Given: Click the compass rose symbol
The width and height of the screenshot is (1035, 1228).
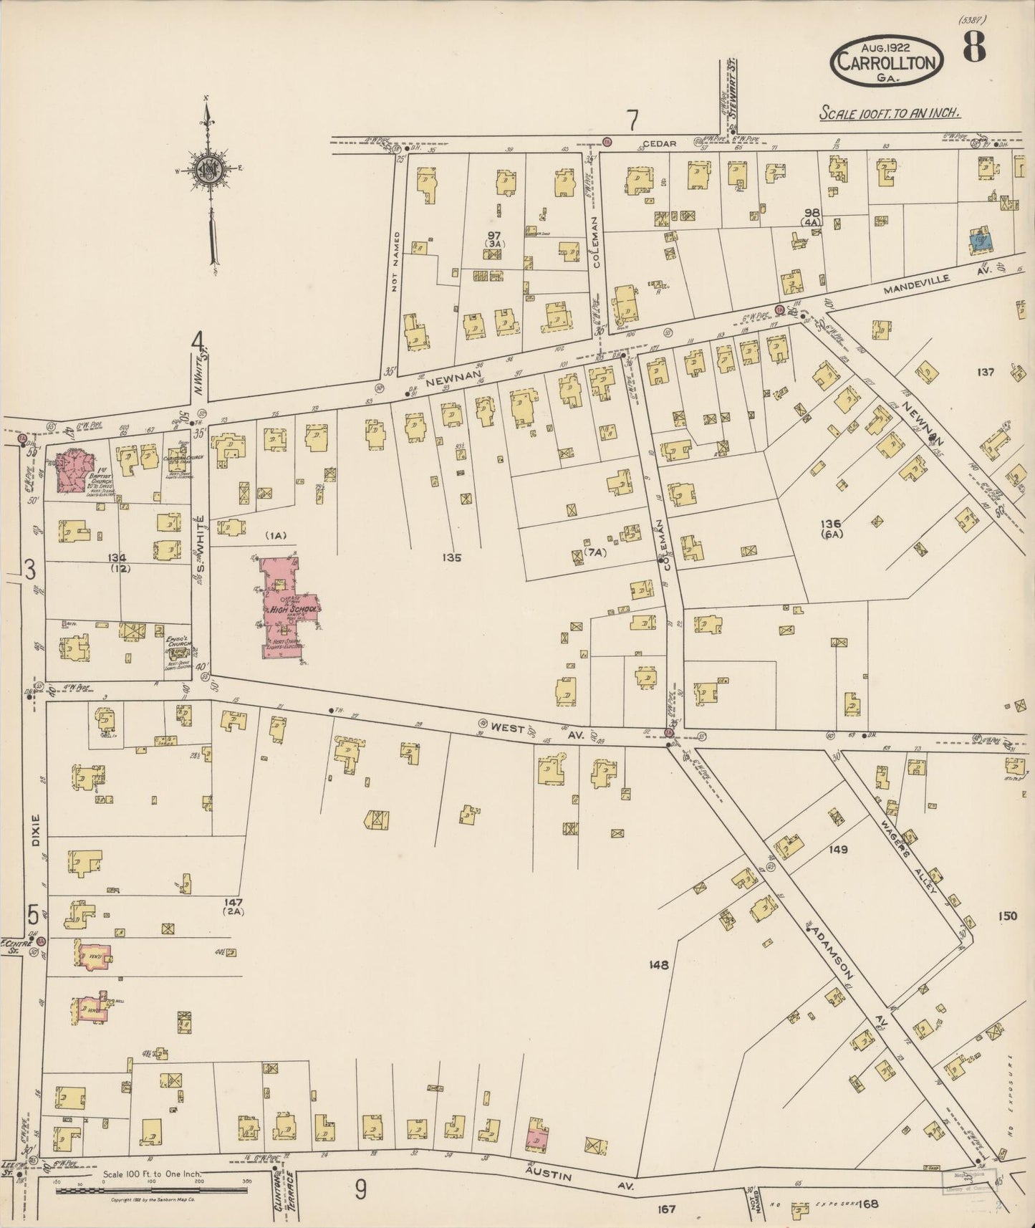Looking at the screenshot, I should [x=208, y=170].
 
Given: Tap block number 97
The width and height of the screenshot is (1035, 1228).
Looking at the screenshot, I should [x=494, y=236].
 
